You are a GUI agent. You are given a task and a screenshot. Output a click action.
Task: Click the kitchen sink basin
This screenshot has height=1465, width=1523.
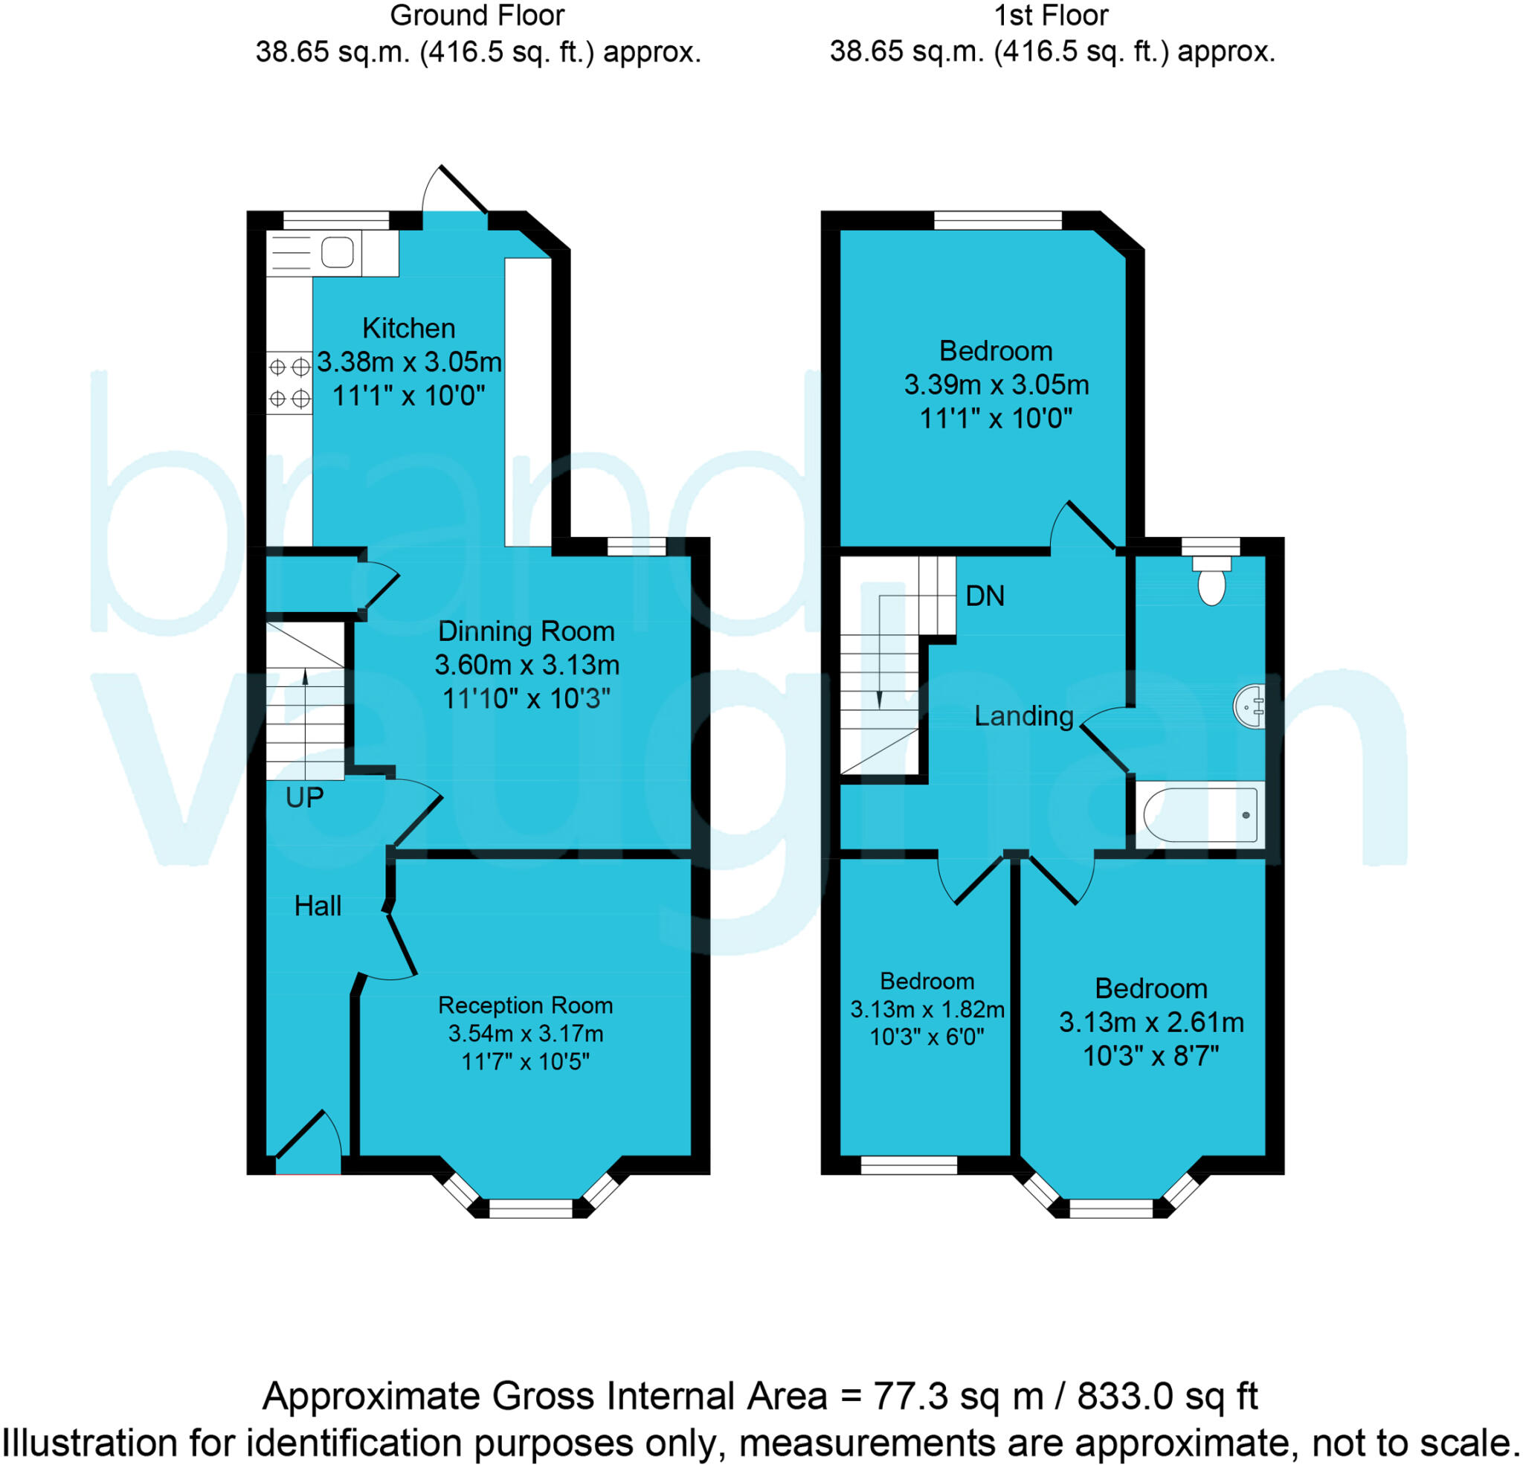[337, 252]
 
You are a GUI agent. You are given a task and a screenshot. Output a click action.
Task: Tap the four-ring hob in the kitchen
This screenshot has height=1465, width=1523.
[289, 382]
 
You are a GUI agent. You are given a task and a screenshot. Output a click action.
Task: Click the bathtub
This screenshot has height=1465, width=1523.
[1200, 815]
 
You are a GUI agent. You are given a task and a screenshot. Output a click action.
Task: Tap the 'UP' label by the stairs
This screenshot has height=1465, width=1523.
[304, 798]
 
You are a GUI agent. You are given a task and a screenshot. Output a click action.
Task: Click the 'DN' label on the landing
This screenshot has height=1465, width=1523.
[985, 596]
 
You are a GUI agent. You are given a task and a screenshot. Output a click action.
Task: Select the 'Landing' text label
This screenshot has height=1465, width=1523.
[1023, 716]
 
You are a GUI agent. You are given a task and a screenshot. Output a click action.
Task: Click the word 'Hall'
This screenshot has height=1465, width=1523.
[318, 907]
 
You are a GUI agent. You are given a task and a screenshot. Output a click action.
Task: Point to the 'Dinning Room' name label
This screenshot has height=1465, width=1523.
[526, 631]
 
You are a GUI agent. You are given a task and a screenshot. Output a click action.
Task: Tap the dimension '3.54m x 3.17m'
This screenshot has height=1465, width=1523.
[525, 1034]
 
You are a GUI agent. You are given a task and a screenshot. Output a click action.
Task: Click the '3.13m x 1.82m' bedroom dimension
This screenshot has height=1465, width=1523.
[927, 1010]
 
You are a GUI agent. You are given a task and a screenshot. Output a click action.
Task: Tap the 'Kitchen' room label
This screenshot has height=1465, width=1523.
[409, 328]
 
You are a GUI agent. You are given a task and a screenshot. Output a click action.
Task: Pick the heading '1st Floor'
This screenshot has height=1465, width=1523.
[1052, 16]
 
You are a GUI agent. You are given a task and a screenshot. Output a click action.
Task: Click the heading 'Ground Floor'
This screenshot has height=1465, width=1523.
[477, 16]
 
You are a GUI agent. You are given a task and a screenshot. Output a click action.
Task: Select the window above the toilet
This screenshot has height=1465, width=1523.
[1211, 547]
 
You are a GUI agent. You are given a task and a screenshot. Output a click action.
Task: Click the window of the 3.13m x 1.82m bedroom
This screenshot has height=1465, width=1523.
[908, 1165]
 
